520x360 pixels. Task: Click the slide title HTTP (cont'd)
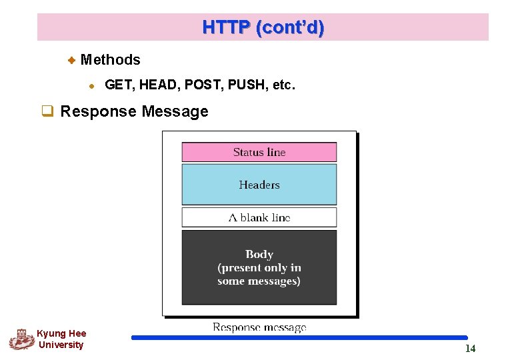[x=263, y=27]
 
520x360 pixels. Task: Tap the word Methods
[x=110, y=60]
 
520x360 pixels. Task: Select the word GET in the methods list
[x=119, y=85]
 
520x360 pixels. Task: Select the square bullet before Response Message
[x=47, y=111]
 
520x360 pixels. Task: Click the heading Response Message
[x=134, y=111]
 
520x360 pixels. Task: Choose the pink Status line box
[x=259, y=152]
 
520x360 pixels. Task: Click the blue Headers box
[x=259, y=185]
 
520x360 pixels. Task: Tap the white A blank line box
[x=259, y=217]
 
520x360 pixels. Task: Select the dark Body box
[x=259, y=267]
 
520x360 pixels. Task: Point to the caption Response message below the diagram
[x=259, y=327]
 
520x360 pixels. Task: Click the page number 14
[x=470, y=349]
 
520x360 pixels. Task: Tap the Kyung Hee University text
[x=61, y=339]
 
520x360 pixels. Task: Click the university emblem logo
[x=21, y=339]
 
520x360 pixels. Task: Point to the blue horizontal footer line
[x=299, y=338]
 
